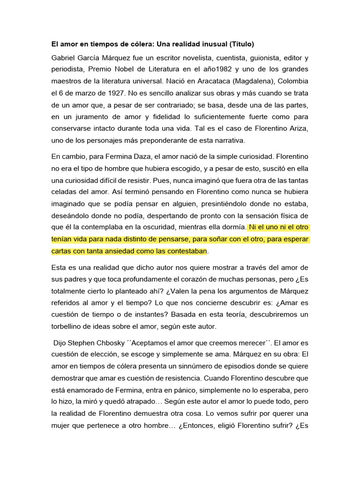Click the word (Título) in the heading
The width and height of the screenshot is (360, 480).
click(x=241, y=45)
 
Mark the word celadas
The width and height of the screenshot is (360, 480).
click(x=66, y=192)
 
